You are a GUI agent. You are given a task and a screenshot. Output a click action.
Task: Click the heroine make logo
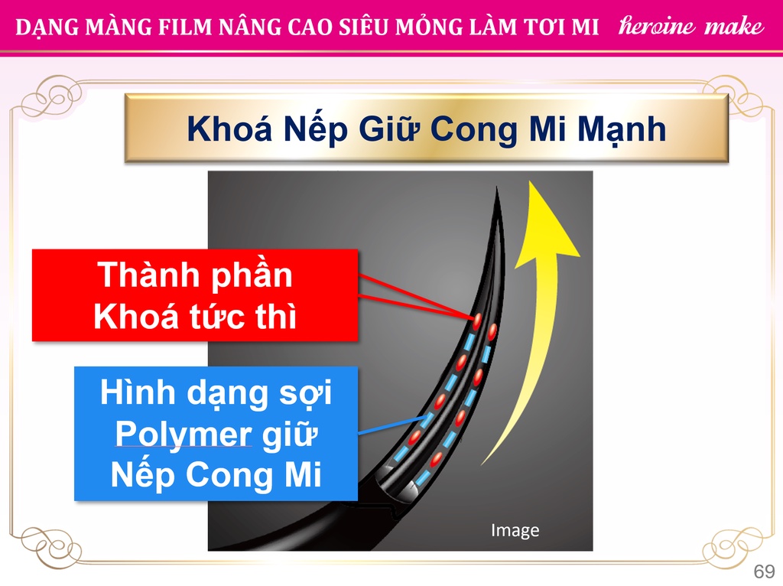691,25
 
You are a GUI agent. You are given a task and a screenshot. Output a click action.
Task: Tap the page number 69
764,571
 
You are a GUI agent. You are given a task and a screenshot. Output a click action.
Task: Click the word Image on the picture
515,530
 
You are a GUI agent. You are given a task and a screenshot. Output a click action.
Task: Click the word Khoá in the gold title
229,129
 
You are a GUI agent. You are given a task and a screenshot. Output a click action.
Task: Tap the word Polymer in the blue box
184,435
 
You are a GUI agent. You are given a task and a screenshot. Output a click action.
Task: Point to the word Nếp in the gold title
315,129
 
